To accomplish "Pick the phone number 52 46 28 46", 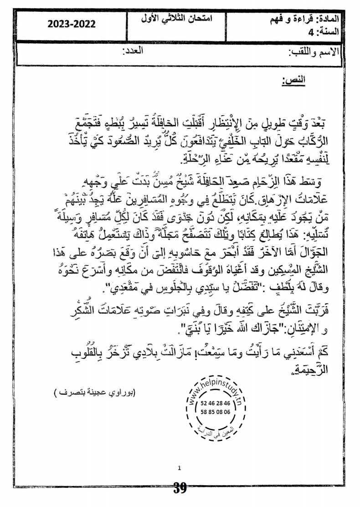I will pos(215,403).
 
